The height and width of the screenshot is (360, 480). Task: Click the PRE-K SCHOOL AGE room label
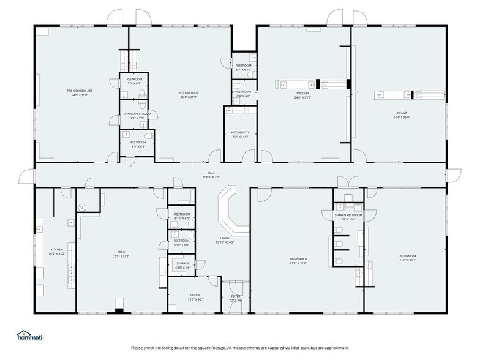tap(80, 91)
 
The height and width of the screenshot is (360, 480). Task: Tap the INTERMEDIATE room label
tap(189, 92)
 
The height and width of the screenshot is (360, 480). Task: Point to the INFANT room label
tap(401, 112)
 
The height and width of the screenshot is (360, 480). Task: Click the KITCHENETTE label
tap(240, 133)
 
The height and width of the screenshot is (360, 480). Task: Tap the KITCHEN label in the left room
tap(56, 249)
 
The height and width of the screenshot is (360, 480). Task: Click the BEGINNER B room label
tap(298, 259)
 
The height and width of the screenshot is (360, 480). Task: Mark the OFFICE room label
tap(195, 295)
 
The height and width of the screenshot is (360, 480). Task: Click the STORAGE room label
tap(182, 263)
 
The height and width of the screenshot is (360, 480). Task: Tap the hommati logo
tap(31, 336)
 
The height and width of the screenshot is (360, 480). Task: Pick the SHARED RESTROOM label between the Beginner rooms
tap(348, 215)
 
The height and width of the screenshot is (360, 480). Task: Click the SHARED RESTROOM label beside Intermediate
tap(137, 113)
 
